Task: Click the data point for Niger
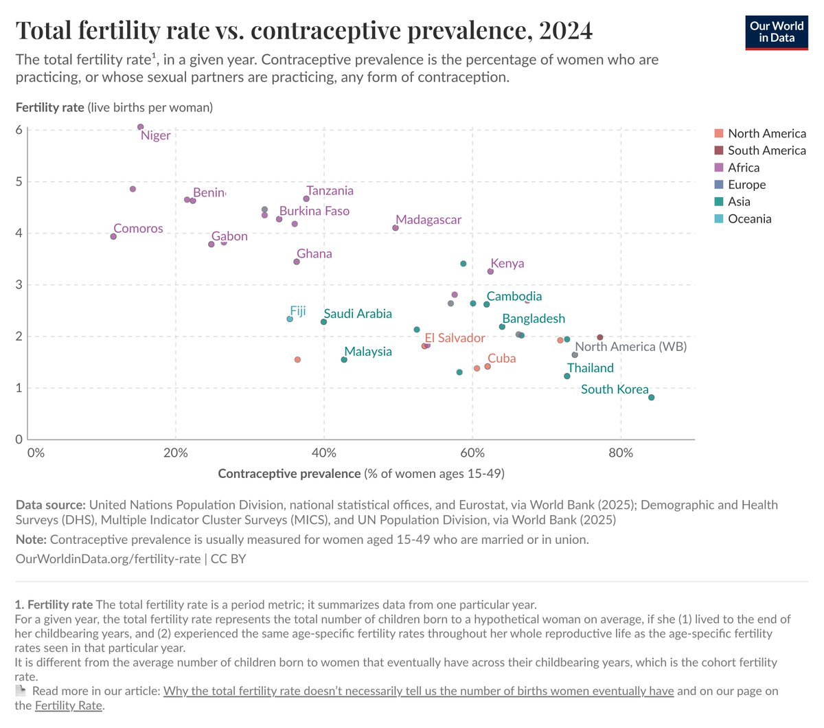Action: (141, 127)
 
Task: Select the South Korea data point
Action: (651, 398)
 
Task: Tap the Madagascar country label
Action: (428, 220)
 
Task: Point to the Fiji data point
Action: (290, 319)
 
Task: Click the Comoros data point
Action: (113, 236)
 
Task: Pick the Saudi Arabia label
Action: (358, 314)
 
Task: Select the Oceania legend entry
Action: (749, 219)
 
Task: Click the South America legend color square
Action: (719, 150)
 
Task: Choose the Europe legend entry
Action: (746, 185)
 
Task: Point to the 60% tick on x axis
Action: (472, 453)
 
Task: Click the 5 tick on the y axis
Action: (19, 182)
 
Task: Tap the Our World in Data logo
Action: (777, 32)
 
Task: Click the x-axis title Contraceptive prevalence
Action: (289, 473)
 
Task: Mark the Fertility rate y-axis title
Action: (50, 107)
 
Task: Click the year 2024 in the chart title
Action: (565, 30)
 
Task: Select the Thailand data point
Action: (567, 376)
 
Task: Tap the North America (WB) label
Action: (630, 347)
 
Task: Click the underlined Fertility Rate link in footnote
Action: (69, 705)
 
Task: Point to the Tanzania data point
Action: (306, 199)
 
